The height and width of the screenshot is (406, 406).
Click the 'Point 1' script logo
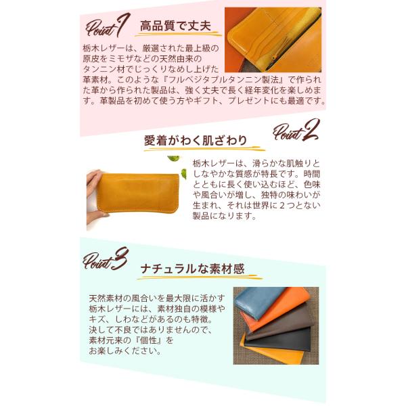[108, 26]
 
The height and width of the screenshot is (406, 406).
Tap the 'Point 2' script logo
[296, 131]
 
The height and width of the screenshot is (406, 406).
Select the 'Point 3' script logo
[106, 259]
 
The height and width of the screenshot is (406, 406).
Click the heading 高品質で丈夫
[175, 26]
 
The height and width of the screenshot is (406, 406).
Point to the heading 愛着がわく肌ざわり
[196, 141]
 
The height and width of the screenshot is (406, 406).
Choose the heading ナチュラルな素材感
[193, 269]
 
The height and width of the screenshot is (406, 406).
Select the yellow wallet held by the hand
[138, 193]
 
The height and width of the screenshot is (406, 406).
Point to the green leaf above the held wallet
[172, 158]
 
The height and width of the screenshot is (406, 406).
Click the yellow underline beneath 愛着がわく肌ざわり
[204, 149]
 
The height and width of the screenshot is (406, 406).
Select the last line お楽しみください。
[125, 351]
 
